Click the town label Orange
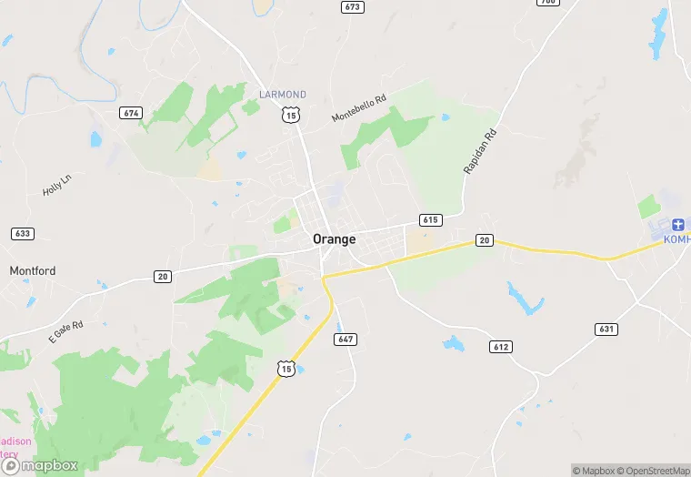pyautogui.click(x=334, y=238)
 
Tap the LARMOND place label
pyautogui.click(x=283, y=95)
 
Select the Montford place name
pyautogui.click(x=33, y=270)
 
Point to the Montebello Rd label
pyautogui.click(x=359, y=107)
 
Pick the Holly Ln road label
pyautogui.click(x=56, y=185)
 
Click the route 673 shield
pyautogui.click(x=353, y=7)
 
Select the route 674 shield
pyautogui.click(x=131, y=112)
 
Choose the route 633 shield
pyautogui.click(x=23, y=234)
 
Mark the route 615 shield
pyautogui.click(x=430, y=220)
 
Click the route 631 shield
pyautogui.click(x=606, y=328)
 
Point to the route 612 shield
pyautogui.click(x=500, y=347)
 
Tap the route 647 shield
pyautogui.click(x=345, y=340)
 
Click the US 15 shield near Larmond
pyautogui.click(x=290, y=114)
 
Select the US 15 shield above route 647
pyautogui.click(x=286, y=368)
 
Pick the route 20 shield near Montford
pyautogui.click(x=162, y=276)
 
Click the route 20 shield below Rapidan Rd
pyautogui.click(x=485, y=240)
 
